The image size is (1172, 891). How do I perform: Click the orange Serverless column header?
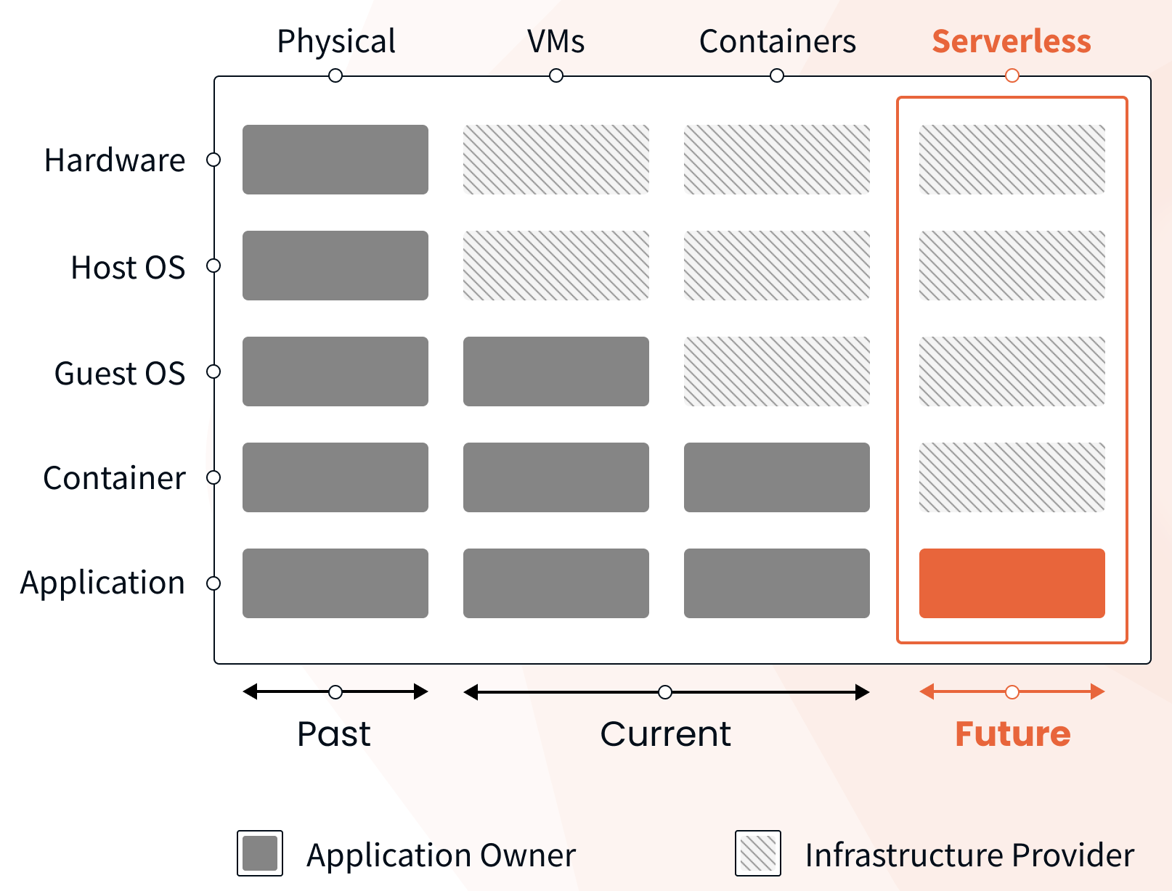pos(1011,41)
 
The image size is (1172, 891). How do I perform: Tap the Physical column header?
pos(336,41)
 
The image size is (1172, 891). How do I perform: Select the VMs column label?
pos(556,41)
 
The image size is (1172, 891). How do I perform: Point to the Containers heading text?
pos(777,41)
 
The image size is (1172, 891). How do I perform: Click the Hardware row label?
pos(115,160)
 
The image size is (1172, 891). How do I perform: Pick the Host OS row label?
pos(128,267)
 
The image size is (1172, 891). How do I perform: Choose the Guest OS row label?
pos(120,373)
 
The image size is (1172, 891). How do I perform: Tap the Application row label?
pos(102,583)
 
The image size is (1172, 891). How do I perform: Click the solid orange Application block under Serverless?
pos(1012,583)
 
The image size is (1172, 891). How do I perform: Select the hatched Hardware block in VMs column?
pos(556,160)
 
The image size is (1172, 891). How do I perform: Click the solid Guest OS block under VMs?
pos(556,371)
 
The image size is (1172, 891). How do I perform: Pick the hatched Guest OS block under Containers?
pos(776,371)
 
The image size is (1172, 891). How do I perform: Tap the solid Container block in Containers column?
pos(776,477)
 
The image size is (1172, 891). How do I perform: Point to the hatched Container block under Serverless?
pos(1012,477)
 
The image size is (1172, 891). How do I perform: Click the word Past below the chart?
pos(334,734)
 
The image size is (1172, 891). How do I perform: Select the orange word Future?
pos(1012,734)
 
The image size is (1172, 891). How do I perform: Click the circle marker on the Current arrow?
pos(665,692)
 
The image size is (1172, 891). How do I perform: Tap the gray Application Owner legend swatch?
pos(260,853)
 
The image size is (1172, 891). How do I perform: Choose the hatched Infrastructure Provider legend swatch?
pos(758,853)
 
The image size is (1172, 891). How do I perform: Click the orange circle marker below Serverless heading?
pos(1012,75)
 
